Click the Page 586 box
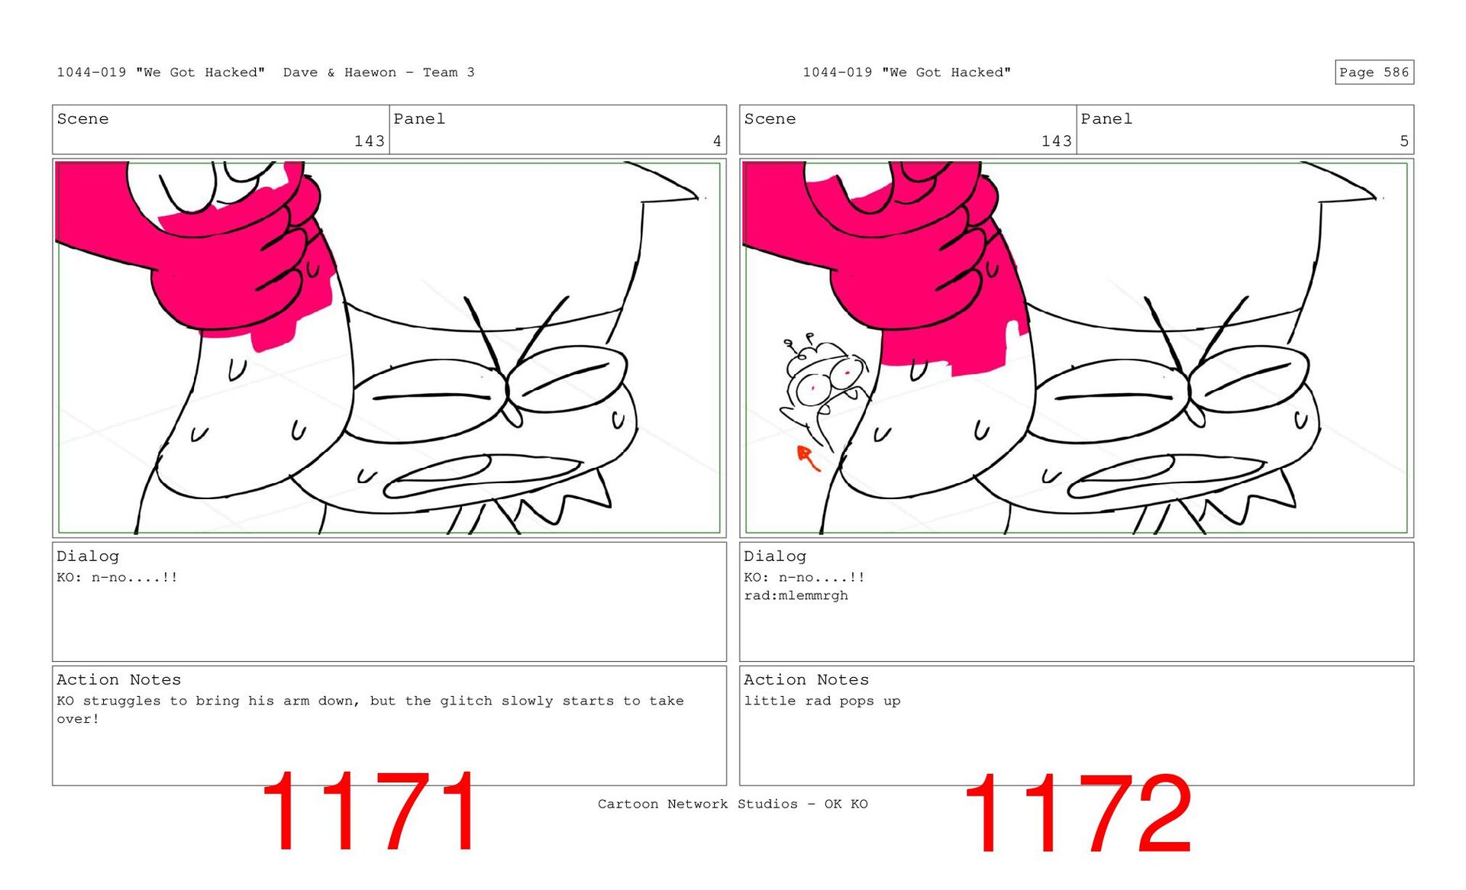pyautogui.click(x=1374, y=72)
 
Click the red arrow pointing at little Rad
pyautogui.click(x=808, y=458)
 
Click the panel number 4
pyautogui.click(x=717, y=141)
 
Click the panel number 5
pyautogui.click(x=1404, y=141)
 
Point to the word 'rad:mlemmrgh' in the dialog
pyautogui.click(x=796, y=595)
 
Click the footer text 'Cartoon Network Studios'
pyautogui.click(x=697, y=804)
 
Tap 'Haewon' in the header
pyautogui.click(x=370, y=73)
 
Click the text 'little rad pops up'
pyautogui.click(x=822, y=701)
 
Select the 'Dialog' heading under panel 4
pyautogui.click(x=88, y=556)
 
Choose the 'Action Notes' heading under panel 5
pyautogui.click(x=806, y=679)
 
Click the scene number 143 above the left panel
pyautogui.click(x=370, y=141)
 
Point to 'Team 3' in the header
pyautogui.click(x=449, y=73)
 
